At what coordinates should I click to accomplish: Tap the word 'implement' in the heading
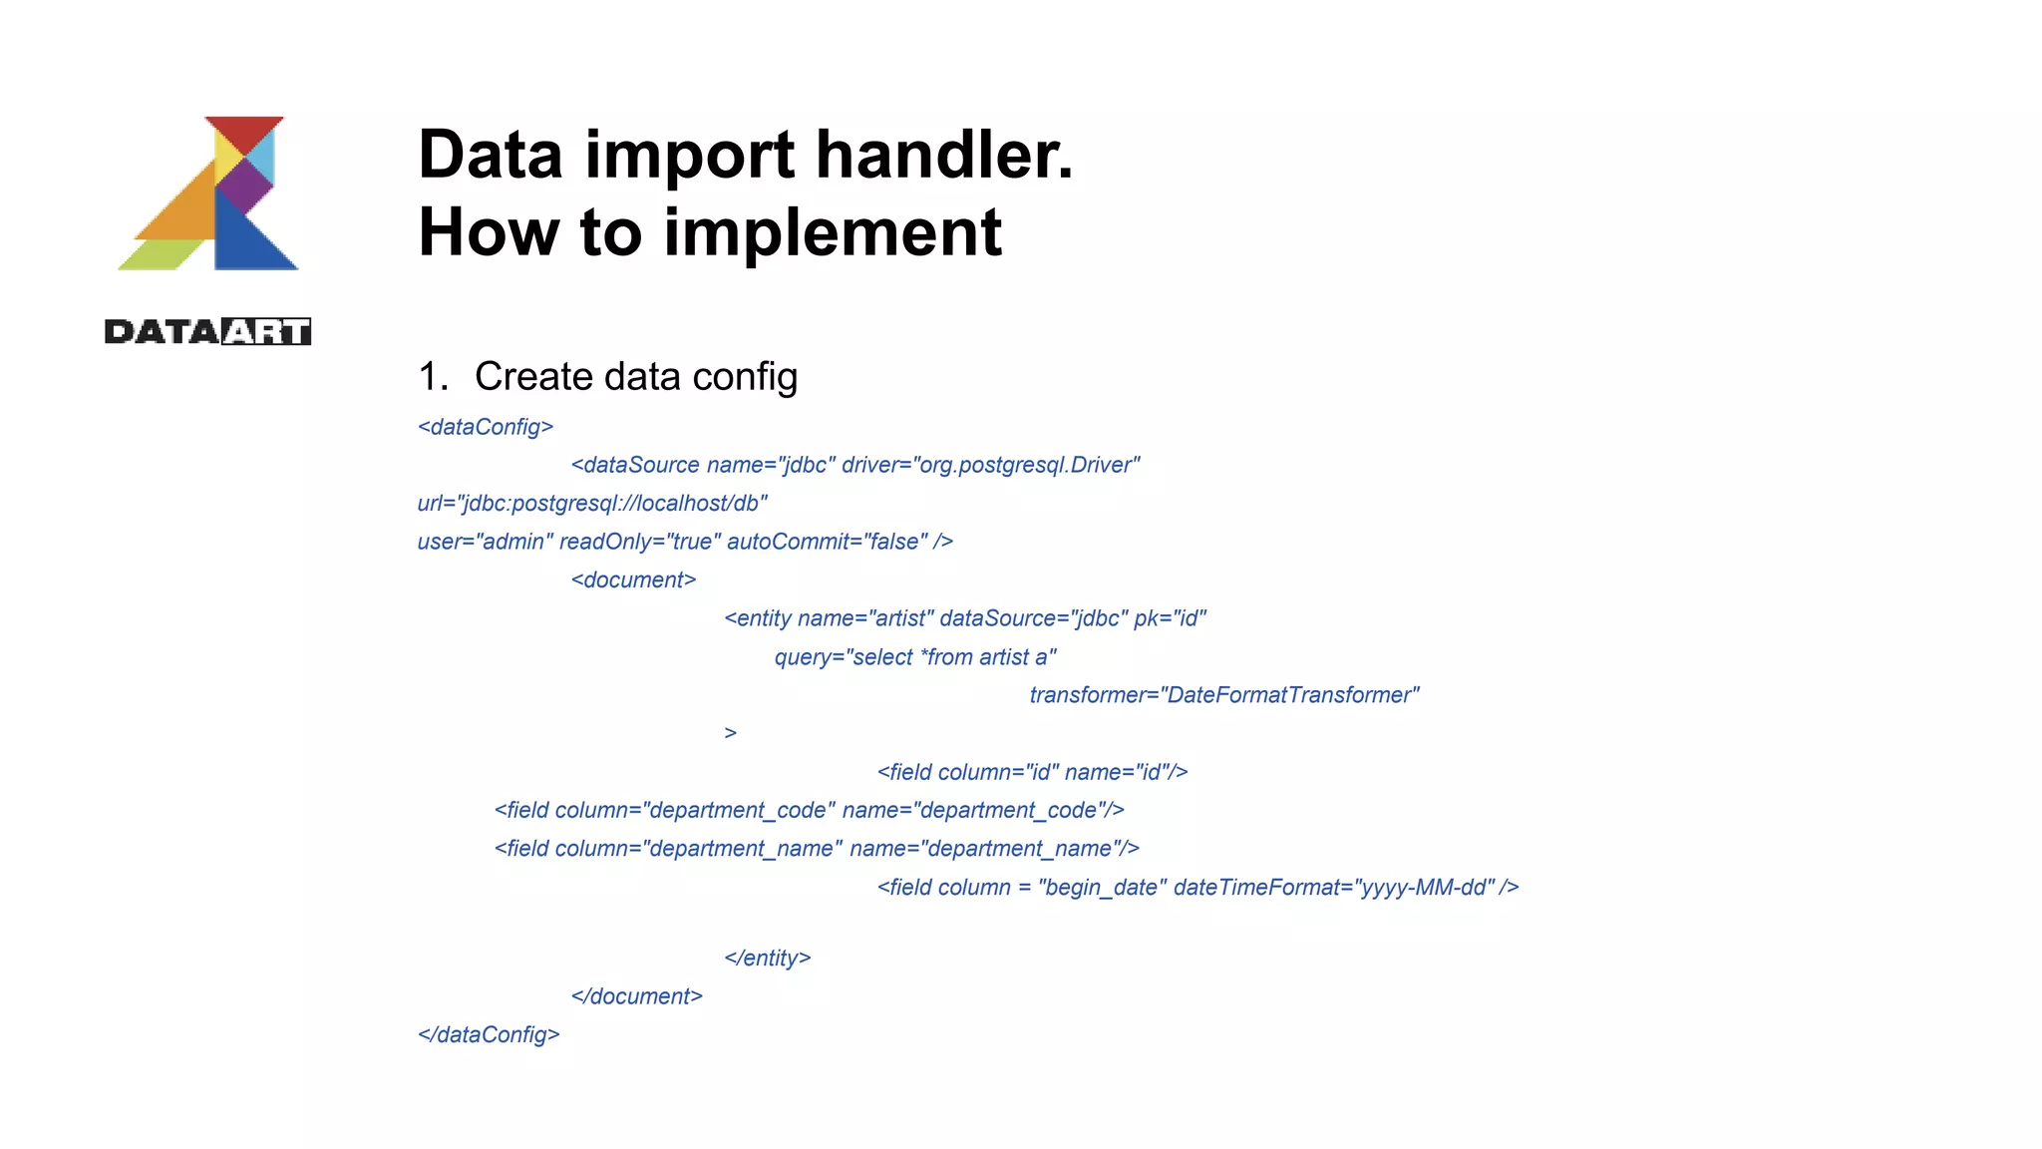833,233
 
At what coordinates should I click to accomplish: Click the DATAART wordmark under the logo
207,332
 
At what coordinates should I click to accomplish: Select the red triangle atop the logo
244,131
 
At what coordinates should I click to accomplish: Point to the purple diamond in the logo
244,185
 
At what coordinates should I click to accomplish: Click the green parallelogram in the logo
160,254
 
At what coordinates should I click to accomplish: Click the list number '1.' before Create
434,377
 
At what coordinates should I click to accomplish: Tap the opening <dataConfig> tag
486,427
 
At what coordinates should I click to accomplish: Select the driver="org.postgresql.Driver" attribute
990,465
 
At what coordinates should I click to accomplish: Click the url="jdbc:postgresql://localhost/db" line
592,504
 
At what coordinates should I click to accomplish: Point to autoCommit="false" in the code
828,542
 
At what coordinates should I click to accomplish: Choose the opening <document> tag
633,580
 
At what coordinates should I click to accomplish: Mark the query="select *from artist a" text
915,657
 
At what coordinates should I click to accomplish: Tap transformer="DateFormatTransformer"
1224,695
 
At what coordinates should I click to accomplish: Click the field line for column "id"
1032,772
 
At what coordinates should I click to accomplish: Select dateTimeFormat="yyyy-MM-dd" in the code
1334,888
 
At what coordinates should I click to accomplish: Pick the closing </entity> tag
767,958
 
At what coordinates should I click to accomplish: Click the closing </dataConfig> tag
489,1035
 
